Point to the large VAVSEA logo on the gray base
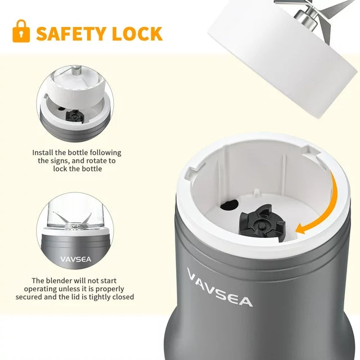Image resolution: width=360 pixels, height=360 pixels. (x=219, y=288)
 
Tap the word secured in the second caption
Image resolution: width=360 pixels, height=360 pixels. (x=45, y=296)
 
